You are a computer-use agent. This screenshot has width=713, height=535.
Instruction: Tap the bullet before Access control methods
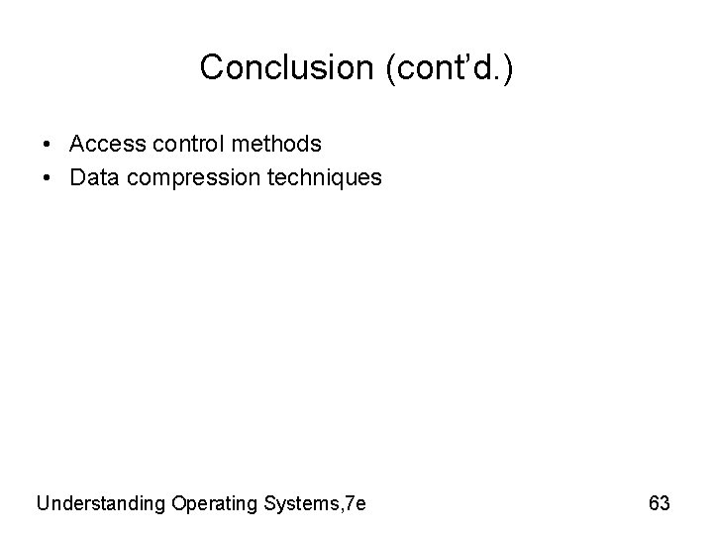pyautogui.click(x=49, y=145)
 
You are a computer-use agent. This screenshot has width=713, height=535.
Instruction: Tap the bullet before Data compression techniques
pyautogui.click(x=49, y=178)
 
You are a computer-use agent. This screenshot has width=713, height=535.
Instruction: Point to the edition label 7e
pyautogui.click(x=355, y=503)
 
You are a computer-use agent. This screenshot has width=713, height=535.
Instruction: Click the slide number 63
pyautogui.click(x=660, y=503)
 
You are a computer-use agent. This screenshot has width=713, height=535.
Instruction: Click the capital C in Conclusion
pyautogui.click(x=212, y=67)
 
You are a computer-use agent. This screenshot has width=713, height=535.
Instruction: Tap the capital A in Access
pyautogui.click(x=77, y=145)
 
